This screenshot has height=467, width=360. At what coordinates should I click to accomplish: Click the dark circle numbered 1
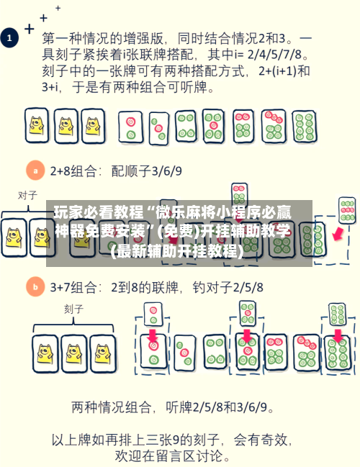9,38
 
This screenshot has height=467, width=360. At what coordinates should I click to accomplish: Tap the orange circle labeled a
35,171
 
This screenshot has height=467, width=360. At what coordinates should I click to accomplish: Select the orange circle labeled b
35,287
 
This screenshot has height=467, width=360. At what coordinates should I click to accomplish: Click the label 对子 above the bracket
27,196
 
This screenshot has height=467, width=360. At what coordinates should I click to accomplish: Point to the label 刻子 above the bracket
73,309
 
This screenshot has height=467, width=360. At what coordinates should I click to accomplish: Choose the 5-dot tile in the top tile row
213,126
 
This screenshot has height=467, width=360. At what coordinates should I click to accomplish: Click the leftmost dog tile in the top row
37,125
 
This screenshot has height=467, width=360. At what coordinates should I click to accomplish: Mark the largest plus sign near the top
30,30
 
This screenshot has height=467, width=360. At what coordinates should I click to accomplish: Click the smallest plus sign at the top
58,8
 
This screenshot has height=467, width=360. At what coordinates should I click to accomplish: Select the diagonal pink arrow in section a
338,233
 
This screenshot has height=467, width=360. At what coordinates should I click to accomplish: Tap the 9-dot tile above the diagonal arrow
347,210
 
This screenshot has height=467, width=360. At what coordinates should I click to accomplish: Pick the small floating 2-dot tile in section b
153,314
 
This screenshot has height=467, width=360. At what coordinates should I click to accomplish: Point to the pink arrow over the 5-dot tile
247,335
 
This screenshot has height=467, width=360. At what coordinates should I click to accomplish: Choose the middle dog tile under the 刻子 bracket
73,354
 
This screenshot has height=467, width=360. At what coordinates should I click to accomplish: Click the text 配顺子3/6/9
146,171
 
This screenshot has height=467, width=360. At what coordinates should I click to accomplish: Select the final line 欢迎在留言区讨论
173,456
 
